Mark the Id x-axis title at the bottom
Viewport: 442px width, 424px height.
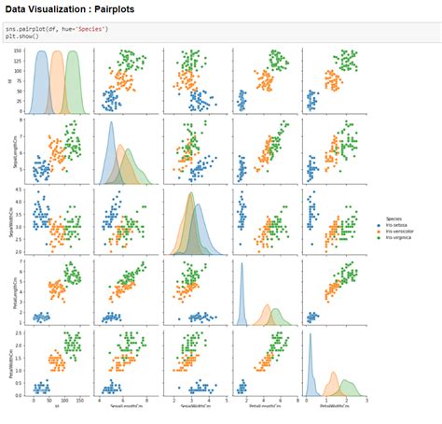56,406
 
